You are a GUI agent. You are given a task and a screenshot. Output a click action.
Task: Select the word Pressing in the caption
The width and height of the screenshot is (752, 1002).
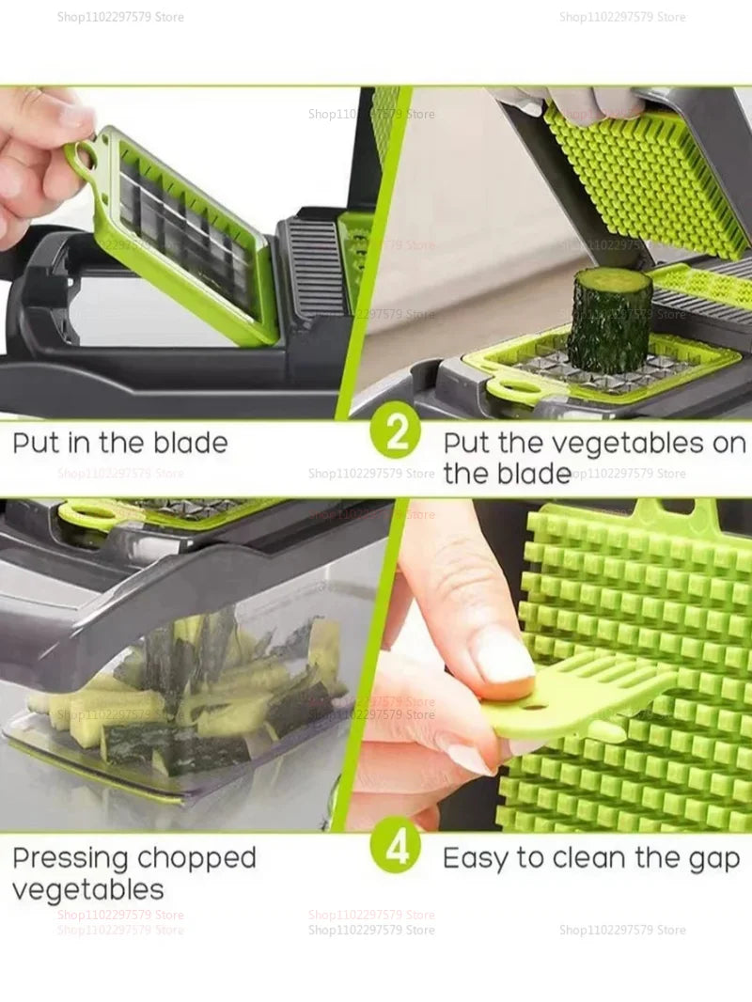click(x=70, y=858)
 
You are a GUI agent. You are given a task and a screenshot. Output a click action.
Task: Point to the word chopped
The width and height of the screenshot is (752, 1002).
click(x=196, y=858)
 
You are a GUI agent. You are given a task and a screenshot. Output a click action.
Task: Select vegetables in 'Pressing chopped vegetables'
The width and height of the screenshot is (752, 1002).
click(x=88, y=889)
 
